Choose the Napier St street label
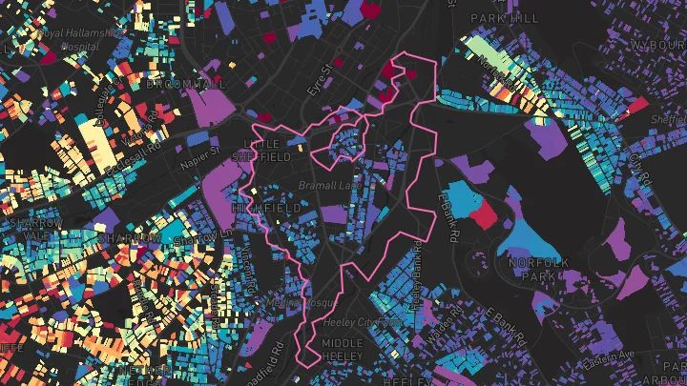(201, 150)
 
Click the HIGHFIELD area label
(266, 207)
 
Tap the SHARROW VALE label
(33, 229)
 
